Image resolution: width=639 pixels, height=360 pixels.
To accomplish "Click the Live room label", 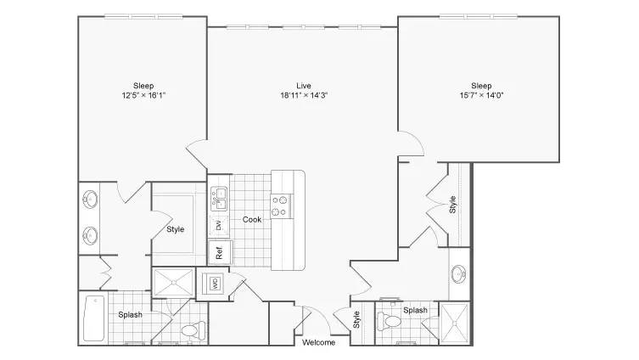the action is click(x=304, y=86).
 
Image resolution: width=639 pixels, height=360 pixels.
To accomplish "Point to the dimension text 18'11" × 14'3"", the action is click(x=304, y=95).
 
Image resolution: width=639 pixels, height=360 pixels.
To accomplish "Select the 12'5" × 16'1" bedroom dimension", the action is click(x=143, y=95).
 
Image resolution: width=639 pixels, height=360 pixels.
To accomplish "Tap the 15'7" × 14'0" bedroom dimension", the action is click(x=481, y=95).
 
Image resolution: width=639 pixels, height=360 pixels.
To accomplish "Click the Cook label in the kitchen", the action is click(x=252, y=219).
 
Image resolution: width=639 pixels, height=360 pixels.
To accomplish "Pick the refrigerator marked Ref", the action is click(x=220, y=253).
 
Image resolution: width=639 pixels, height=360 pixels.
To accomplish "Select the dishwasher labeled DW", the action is click(x=219, y=226).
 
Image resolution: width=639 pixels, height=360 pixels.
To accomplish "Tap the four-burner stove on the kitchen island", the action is click(x=281, y=205).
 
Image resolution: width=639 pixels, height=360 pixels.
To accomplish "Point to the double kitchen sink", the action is click(x=219, y=199).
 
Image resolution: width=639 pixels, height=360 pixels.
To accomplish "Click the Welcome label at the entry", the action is click(x=319, y=342).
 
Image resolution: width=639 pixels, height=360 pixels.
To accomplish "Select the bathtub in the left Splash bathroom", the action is click(x=93, y=318).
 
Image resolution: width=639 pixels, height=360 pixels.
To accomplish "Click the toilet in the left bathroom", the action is click(x=194, y=329).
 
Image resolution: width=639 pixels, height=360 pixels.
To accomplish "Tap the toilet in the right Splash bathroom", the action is click(x=390, y=321).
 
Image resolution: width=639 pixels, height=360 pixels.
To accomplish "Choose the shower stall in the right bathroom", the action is click(x=454, y=323).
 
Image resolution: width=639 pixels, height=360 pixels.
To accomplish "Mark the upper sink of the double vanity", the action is click(x=90, y=200).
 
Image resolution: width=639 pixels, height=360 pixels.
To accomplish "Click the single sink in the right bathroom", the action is click(x=459, y=274).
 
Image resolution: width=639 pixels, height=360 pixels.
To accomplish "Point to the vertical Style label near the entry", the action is click(x=356, y=319).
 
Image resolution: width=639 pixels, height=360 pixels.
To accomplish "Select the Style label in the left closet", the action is click(x=175, y=229).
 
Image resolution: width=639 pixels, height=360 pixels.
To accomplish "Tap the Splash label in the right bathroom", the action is click(x=415, y=310).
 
